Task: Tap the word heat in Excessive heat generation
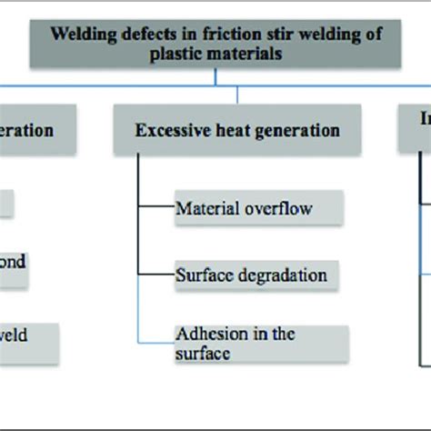(226, 131)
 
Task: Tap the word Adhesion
(209, 334)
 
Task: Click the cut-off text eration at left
(25, 130)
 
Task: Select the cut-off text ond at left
(12, 262)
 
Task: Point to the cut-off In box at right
(413, 131)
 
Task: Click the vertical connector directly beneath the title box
(215, 77)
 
